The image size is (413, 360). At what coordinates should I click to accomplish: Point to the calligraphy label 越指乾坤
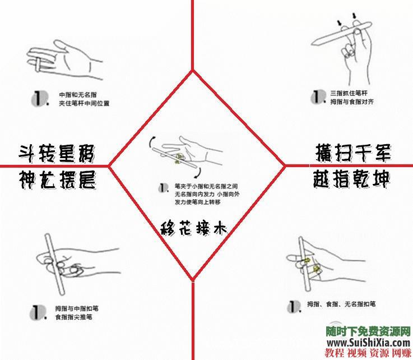tap(351, 180)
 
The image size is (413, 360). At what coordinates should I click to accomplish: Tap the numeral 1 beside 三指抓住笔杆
tap(317, 97)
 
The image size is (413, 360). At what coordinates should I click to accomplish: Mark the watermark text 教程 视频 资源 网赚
tap(368, 354)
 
